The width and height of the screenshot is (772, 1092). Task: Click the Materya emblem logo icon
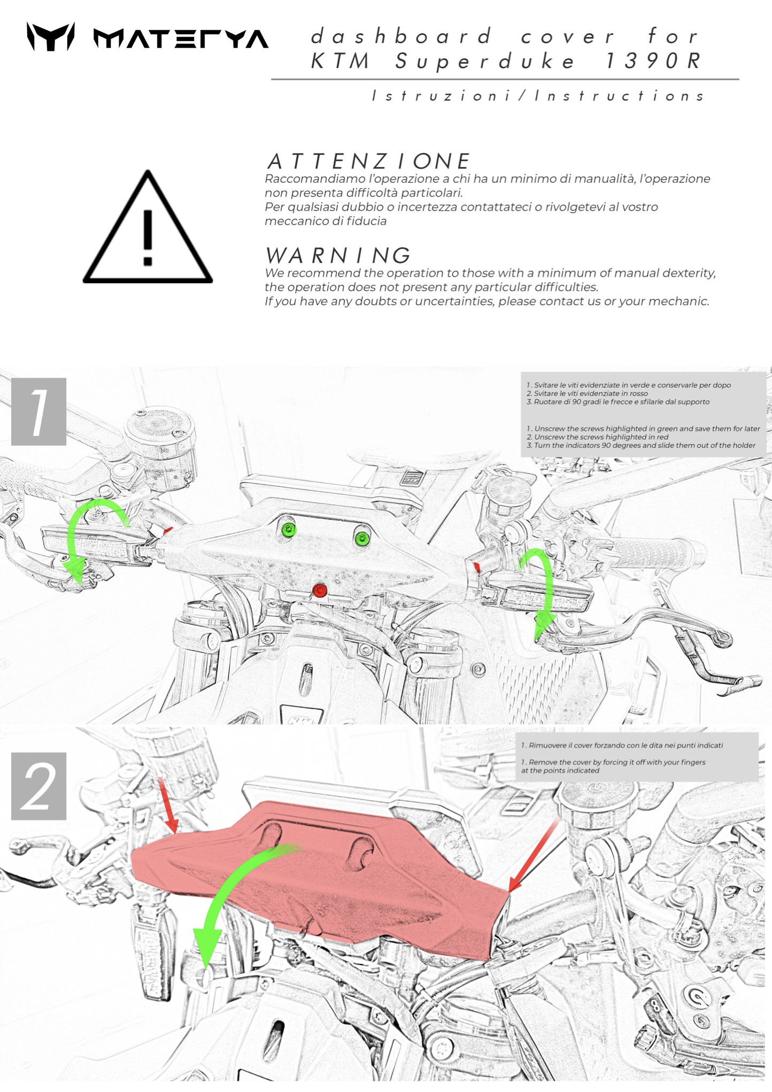pyautogui.click(x=51, y=37)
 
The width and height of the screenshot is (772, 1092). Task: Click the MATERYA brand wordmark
pyautogui.click(x=181, y=39)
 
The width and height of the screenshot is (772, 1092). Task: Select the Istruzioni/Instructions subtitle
pyautogui.click(x=538, y=96)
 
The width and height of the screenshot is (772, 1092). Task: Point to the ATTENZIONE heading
pyautogui.click(x=368, y=161)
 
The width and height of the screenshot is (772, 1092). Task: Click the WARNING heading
pyautogui.click(x=338, y=255)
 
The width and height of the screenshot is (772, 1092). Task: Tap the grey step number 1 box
pyautogui.click(x=38, y=412)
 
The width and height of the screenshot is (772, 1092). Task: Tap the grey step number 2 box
pyautogui.click(x=38, y=786)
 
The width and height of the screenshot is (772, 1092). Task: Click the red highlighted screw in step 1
pyautogui.click(x=320, y=590)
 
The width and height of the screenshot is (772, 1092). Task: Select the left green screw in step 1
pyautogui.click(x=289, y=530)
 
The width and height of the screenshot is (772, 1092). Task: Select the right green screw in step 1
pyautogui.click(x=362, y=538)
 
